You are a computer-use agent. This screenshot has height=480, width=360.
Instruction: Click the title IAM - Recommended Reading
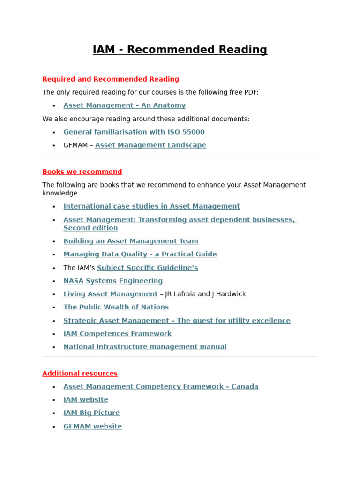[x=180, y=50]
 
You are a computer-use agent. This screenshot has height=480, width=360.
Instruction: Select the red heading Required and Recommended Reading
[x=111, y=79]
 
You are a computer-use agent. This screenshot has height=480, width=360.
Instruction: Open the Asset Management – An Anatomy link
[x=124, y=105]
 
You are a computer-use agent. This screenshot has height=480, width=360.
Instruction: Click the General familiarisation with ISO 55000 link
[x=134, y=132]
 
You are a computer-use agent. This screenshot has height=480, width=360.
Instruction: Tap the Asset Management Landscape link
[x=150, y=145]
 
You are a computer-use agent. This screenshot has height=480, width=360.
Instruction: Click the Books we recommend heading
[x=82, y=172]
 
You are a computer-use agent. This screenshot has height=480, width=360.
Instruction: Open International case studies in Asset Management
[x=151, y=206]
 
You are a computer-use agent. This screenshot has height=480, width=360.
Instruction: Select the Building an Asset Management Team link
[x=131, y=241]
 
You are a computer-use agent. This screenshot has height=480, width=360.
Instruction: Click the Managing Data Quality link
[x=140, y=254]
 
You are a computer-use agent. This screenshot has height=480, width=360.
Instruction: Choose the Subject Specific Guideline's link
[x=147, y=268]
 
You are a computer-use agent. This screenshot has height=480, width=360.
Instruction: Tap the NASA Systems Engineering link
[x=113, y=281]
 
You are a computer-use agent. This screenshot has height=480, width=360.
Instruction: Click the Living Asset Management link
[x=111, y=294]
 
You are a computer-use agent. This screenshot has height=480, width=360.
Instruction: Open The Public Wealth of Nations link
[x=116, y=307]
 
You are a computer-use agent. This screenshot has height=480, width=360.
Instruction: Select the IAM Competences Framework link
[x=117, y=334]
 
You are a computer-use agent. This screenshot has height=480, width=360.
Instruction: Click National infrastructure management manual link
[x=145, y=347]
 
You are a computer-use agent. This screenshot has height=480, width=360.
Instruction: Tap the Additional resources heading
[x=80, y=374]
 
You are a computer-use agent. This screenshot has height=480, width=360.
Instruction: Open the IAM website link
[x=86, y=400]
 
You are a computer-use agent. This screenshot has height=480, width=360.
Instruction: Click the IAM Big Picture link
[x=91, y=413]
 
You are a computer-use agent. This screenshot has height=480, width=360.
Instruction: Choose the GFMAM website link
[x=92, y=427]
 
